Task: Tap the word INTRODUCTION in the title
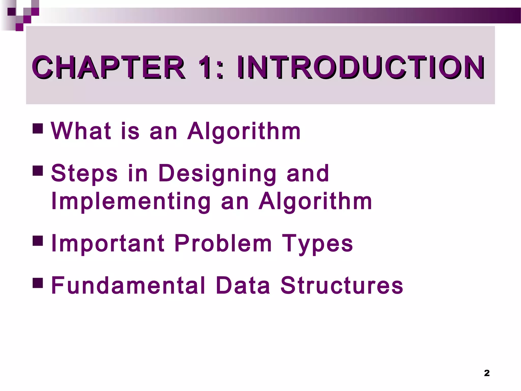[360, 67]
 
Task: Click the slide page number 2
[487, 373]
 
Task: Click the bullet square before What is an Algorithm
[38, 129]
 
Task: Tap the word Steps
[84, 173]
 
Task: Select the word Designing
[217, 174]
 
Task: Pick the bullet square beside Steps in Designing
[38, 171]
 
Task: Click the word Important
[108, 244]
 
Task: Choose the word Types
[317, 244]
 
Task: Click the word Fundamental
[128, 285]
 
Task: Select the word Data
[243, 285]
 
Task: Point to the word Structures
[342, 285]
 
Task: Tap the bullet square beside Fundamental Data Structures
[38, 282]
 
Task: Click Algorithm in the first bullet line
[244, 131]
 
